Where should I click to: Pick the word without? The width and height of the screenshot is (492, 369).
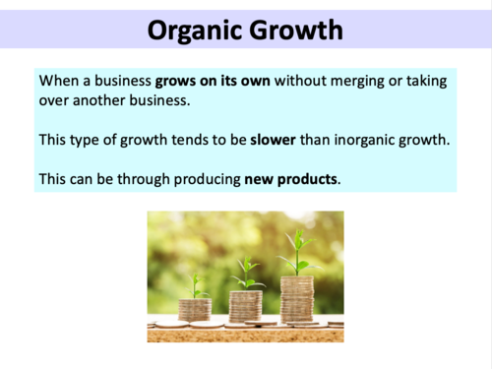(302, 80)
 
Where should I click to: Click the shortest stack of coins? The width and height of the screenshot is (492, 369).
(195, 309)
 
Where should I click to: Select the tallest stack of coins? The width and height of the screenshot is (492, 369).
(296, 298)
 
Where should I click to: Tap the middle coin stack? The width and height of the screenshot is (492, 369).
(246, 304)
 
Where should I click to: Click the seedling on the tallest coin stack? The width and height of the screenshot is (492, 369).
(297, 251)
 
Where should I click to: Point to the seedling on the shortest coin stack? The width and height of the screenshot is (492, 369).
(196, 284)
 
